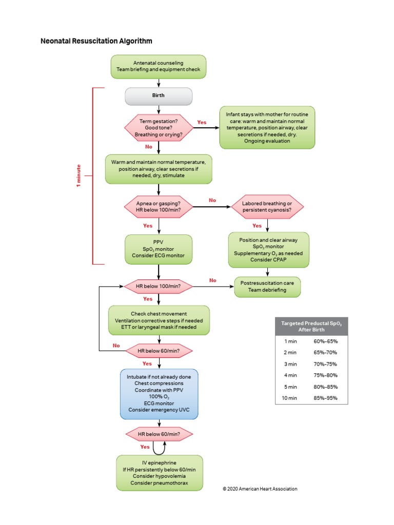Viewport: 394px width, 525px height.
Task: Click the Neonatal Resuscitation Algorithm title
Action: [x=96, y=41]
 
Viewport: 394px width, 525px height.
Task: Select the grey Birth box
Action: [x=159, y=96]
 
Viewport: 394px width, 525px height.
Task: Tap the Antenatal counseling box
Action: [x=159, y=67]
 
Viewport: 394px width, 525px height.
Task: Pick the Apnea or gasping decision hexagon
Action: [x=159, y=207]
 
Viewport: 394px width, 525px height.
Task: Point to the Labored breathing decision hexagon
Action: [x=267, y=207]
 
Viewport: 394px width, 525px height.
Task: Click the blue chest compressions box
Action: [x=159, y=394]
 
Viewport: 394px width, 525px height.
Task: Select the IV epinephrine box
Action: [x=159, y=473]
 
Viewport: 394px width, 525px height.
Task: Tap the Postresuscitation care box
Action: [x=267, y=287]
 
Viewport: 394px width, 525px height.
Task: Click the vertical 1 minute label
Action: [x=79, y=176]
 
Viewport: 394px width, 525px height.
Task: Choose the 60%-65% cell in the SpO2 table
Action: [x=325, y=340]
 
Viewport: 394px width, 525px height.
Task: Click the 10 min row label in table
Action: [x=290, y=398]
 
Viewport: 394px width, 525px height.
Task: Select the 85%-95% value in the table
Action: [x=325, y=398]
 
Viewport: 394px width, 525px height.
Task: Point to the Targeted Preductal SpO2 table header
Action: [x=311, y=326]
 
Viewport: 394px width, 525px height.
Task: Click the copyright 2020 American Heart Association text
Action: [x=260, y=489]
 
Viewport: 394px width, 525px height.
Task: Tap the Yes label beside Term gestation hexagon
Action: [x=202, y=123]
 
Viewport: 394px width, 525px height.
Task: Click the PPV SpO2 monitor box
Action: [x=159, y=249]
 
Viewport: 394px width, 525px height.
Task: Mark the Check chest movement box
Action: [x=159, y=320]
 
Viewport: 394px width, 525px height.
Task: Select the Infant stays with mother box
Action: [x=267, y=127]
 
